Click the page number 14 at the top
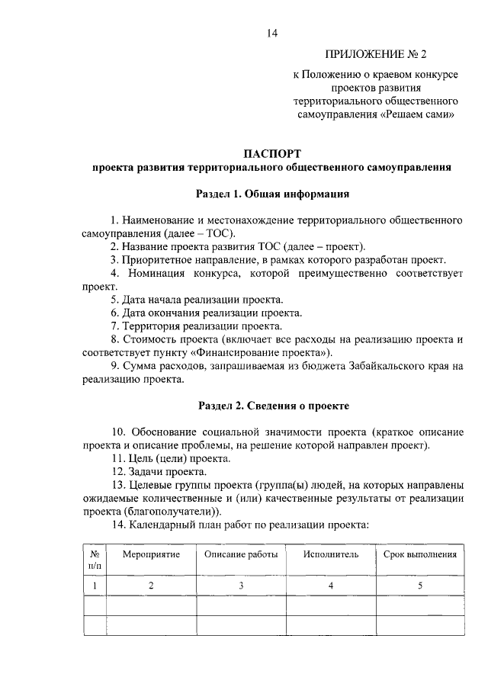tap(272, 33)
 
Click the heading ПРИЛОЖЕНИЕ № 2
tap(376, 54)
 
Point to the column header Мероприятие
tap(151, 554)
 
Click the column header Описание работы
tap(240, 554)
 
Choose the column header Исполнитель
tap(330, 554)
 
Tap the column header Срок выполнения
tap(419, 554)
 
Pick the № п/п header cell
tap(95, 560)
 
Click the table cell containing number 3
tap(240, 586)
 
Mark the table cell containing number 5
tap(419, 586)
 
